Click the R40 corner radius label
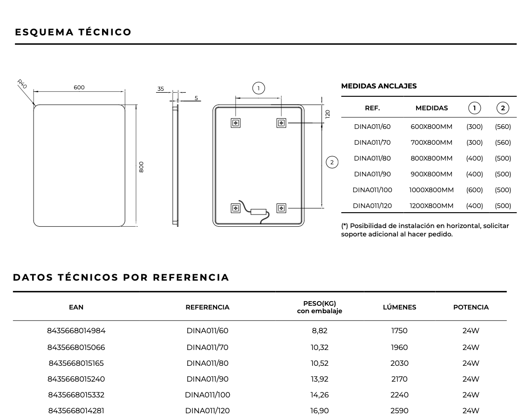[22, 84]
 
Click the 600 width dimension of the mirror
[79, 87]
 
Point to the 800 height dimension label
[141, 167]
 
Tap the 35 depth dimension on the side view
[161, 89]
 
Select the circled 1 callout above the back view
[259, 88]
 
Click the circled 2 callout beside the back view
[332, 162]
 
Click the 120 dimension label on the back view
[328, 113]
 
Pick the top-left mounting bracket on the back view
[236, 123]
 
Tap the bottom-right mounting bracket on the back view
[281, 208]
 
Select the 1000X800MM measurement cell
[431, 190]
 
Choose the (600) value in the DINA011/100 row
[474, 190]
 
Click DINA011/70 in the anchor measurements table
[372, 142]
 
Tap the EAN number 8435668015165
[76, 363]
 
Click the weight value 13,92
[319, 379]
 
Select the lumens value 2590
[399, 411]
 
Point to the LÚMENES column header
[399, 307]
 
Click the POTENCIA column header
[471, 307]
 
